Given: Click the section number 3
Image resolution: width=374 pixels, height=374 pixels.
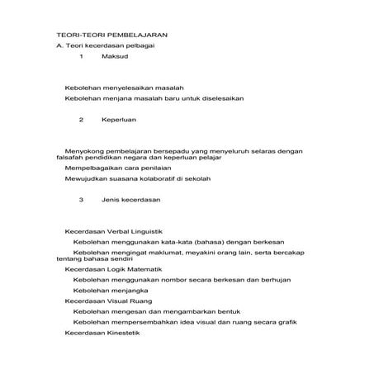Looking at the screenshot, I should pyautogui.click(x=81, y=200).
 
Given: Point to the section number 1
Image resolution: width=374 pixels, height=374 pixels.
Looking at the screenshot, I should pyautogui.click(x=81, y=59).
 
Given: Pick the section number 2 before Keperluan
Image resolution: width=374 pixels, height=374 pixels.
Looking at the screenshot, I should pyautogui.click(x=81, y=120).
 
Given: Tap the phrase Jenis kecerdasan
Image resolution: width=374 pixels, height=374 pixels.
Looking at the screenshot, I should pyautogui.click(x=130, y=200).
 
